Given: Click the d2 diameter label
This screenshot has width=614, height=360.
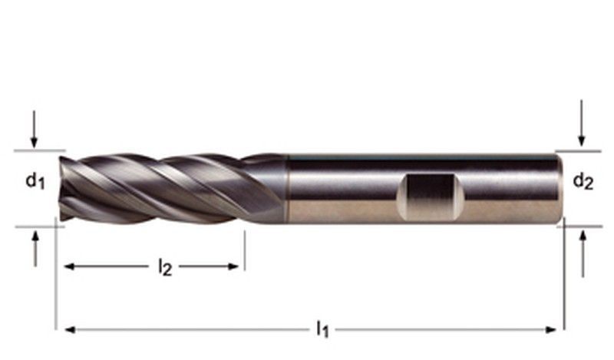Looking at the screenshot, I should click(x=583, y=182).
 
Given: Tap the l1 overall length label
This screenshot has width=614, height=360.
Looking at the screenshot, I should click(x=322, y=330).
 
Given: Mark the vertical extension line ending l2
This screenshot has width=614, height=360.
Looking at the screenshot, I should click(x=244, y=249).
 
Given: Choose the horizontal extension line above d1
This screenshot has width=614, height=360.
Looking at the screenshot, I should click(x=38, y=150).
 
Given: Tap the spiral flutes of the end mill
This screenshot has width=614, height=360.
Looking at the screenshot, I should click(x=169, y=188).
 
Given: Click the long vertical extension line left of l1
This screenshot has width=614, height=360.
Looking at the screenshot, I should click(x=56, y=276).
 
